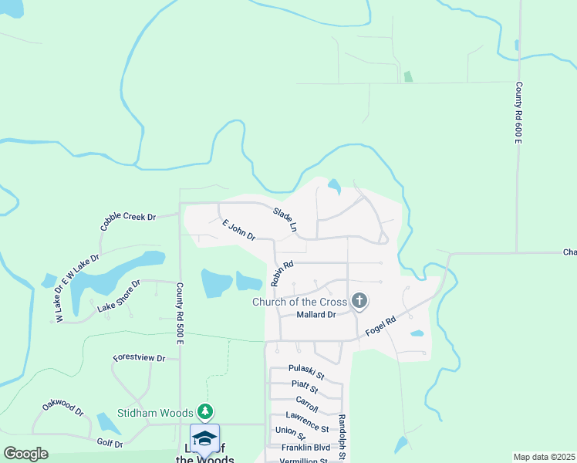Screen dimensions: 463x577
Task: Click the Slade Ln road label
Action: pyautogui.click(x=285, y=219)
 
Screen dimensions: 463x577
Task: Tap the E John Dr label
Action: pyautogui.click(x=238, y=230)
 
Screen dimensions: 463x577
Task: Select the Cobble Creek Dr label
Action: pyautogui.click(x=128, y=222)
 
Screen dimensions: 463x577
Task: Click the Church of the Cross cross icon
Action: pyautogui.click(x=359, y=301)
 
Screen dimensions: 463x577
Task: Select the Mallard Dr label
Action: pyautogui.click(x=316, y=315)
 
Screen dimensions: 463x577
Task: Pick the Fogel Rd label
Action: pyautogui.click(x=380, y=326)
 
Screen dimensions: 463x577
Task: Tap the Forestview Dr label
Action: pyautogui.click(x=140, y=358)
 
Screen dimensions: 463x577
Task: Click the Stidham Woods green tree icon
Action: pyautogui.click(x=204, y=411)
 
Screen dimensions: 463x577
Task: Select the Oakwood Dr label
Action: pyautogui.click(x=63, y=407)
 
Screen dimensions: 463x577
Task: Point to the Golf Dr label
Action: pyautogui.click(x=110, y=444)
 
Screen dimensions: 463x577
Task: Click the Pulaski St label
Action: pyautogui.click(x=306, y=373)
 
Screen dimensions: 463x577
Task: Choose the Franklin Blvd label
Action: pyautogui.click(x=305, y=448)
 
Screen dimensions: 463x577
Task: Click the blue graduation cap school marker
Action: pyautogui.click(x=204, y=438)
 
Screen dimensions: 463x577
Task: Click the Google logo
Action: pyautogui.click(x=25, y=454)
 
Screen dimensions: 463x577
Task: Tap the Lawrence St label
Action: pyautogui.click(x=312, y=424)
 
